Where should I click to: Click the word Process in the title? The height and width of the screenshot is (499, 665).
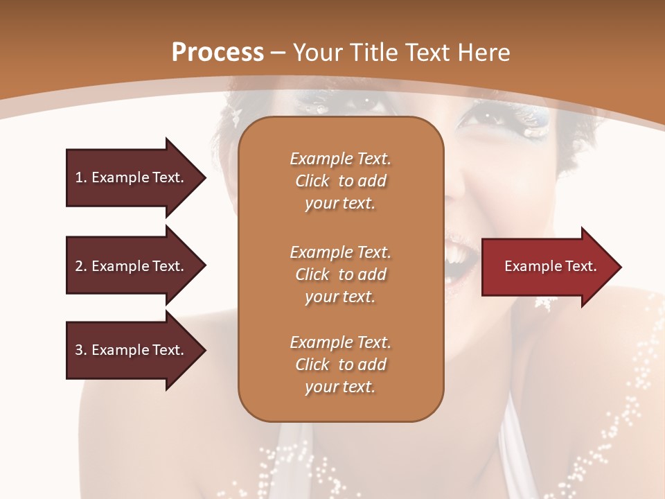click(x=218, y=53)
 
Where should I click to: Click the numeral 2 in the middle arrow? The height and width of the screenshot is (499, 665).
click(x=79, y=266)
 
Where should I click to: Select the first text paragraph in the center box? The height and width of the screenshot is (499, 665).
click(x=340, y=181)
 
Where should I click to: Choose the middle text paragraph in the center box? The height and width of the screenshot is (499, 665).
click(x=340, y=274)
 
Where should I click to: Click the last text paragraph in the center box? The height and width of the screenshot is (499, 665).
click(x=340, y=365)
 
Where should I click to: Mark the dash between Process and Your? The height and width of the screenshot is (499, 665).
click(x=278, y=53)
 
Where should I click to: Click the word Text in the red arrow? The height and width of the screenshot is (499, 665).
click(x=579, y=266)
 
